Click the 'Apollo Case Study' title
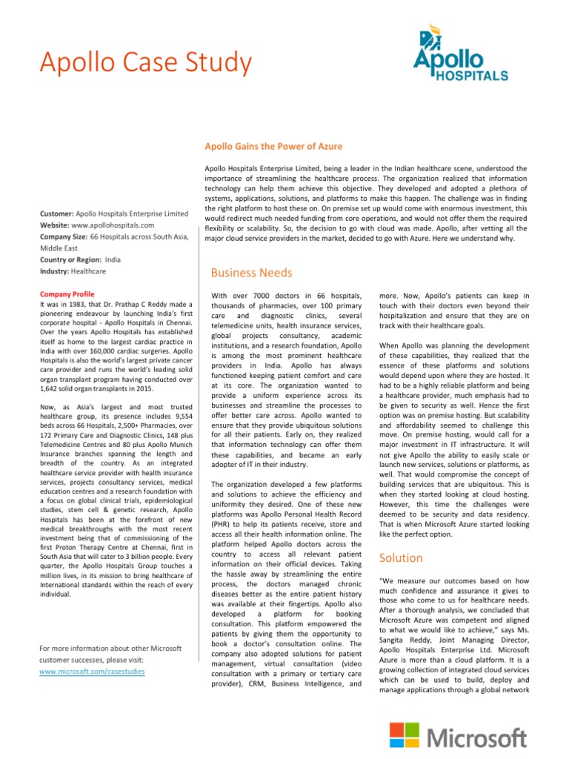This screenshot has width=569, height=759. coord(145,63)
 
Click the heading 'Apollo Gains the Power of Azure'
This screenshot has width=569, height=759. coord(273,147)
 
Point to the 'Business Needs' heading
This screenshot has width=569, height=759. coord(251,273)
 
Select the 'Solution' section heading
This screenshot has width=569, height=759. coord(401,557)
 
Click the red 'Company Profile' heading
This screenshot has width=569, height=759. coord(67,294)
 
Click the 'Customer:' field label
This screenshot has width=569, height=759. coord(57,213)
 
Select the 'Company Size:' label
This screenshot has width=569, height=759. coord(64,236)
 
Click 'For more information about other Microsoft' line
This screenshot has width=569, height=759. coord(110,649)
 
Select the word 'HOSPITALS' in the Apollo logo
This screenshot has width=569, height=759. coord(476,76)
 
